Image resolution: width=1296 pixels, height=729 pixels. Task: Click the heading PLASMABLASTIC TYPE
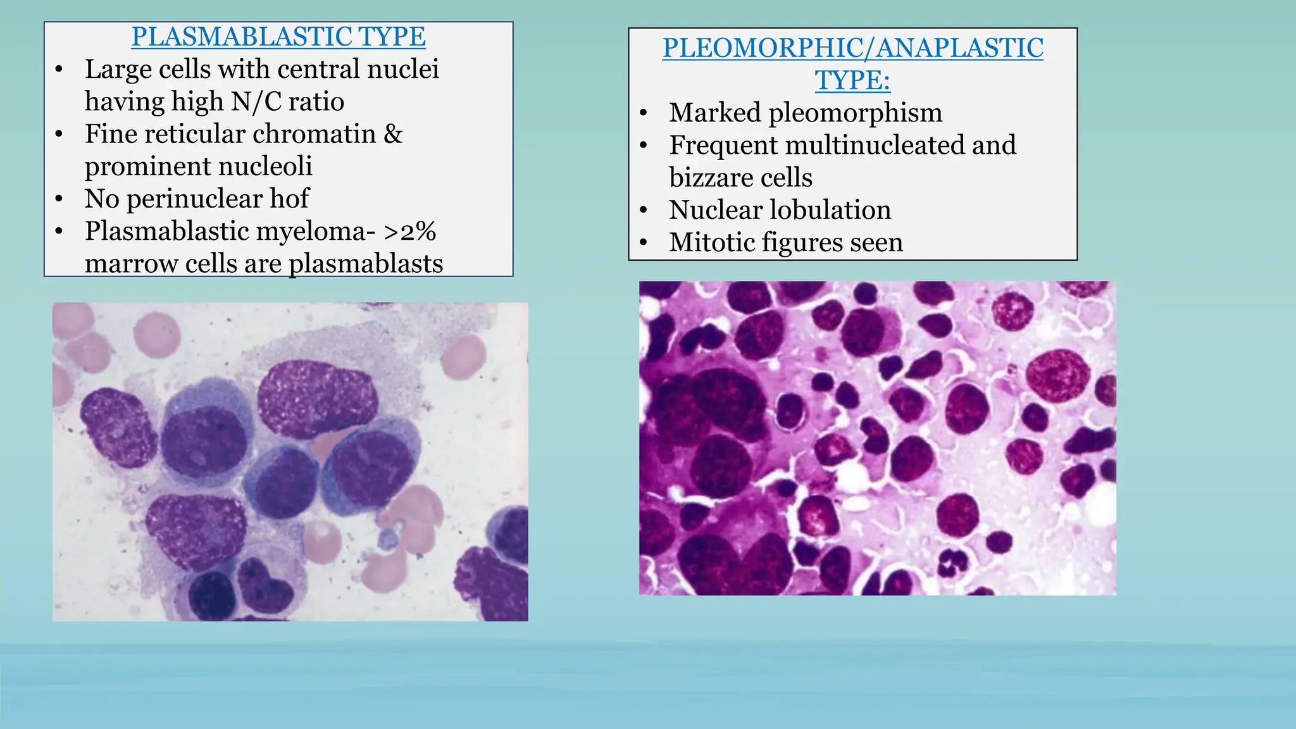278,37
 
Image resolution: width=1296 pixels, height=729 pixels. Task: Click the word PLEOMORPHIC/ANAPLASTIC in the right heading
852,49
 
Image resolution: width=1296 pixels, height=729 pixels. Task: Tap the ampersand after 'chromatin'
393,134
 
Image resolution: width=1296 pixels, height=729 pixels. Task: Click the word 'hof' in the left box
289,199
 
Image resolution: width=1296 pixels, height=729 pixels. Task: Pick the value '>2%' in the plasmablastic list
410,232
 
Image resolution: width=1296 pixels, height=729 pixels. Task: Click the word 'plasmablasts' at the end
366,264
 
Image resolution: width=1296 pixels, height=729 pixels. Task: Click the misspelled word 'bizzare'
707,178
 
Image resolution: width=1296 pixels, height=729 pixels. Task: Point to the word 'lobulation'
828,210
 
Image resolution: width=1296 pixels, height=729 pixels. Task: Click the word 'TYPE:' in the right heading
852,81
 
